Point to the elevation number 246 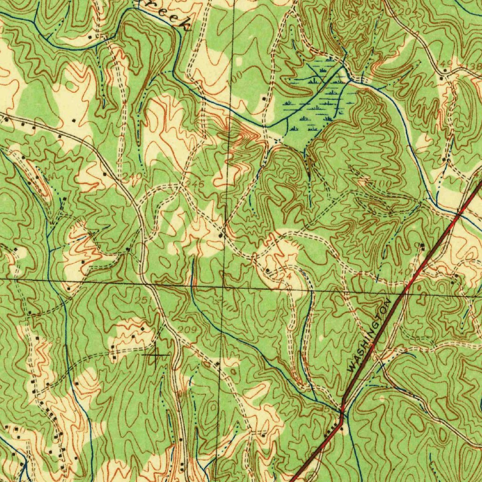(x=197, y=185)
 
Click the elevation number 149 (x=447, y=63)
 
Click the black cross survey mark (x=155, y=354)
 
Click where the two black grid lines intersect (x=224, y=286)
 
